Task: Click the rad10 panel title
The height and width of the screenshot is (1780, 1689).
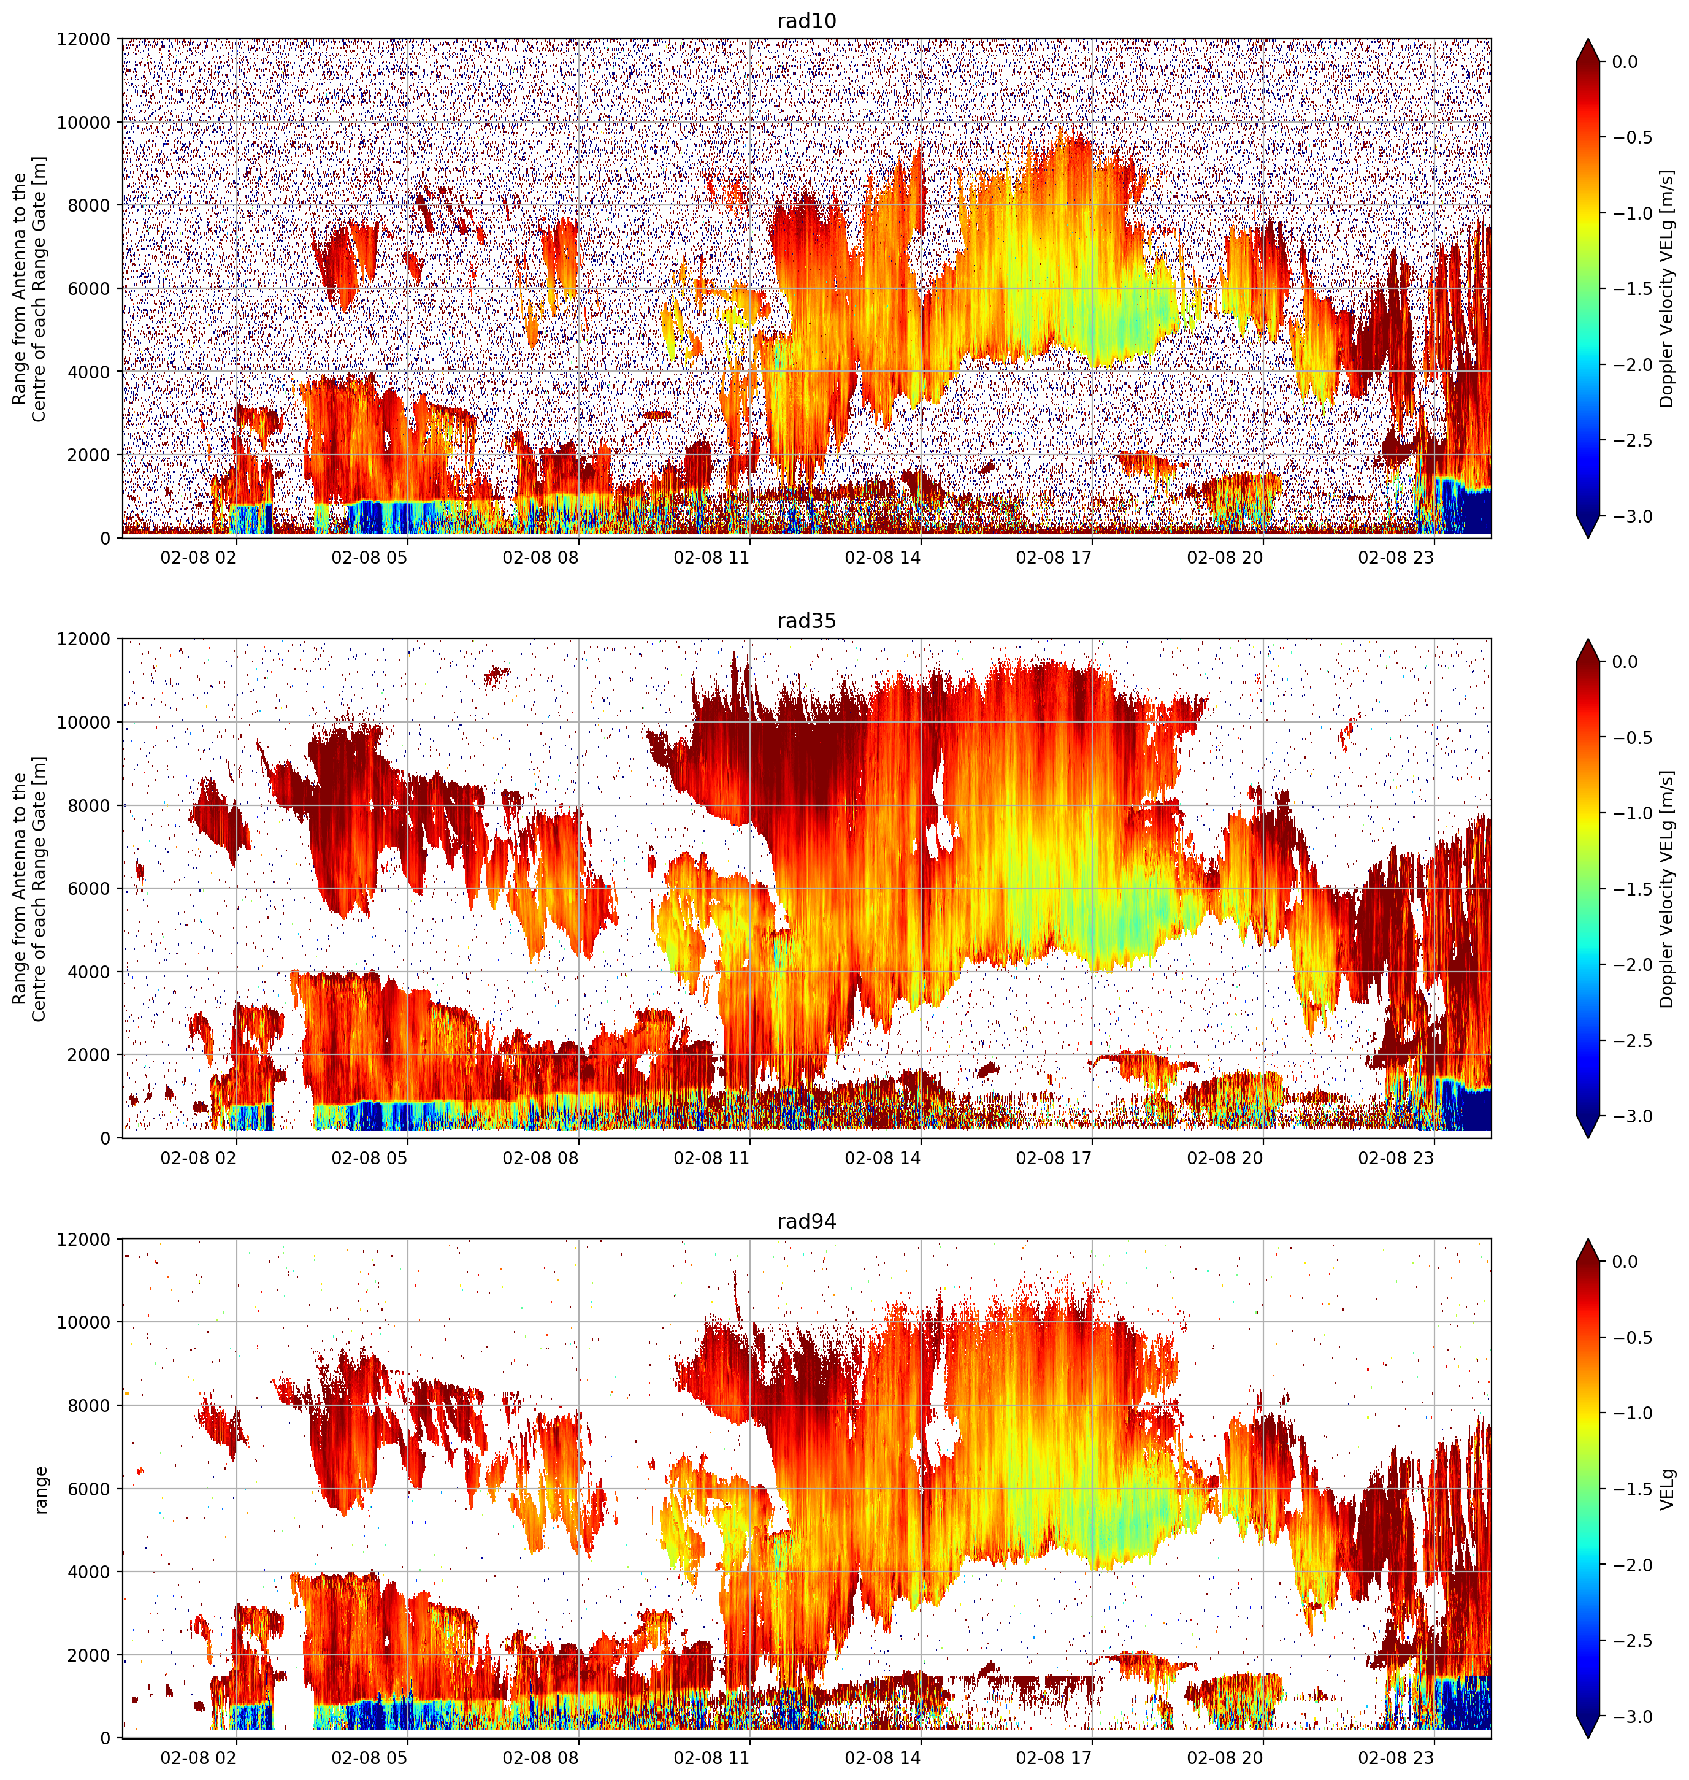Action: coord(806,21)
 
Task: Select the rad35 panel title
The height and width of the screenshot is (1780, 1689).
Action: coord(806,621)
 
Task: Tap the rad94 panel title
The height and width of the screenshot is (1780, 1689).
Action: coord(806,1222)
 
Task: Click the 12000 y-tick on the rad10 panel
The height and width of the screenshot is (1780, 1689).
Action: coord(84,40)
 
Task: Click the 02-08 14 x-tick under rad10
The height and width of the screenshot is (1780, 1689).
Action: coord(883,558)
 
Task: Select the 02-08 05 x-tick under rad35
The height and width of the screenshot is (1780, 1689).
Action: coord(369,1158)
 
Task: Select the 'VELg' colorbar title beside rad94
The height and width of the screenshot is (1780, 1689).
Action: coord(1668,1489)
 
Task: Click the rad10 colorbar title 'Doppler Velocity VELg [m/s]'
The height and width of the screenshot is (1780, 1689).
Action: coord(1668,288)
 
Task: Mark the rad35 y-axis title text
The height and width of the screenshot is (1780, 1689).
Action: coord(29,889)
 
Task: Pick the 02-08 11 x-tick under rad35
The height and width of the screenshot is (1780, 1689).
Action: coord(711,1158)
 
